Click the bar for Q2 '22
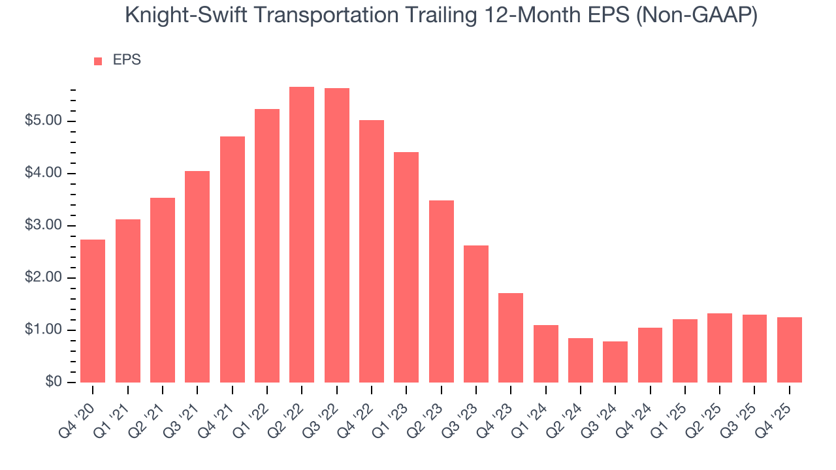302,235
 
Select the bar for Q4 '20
93,311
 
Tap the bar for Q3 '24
615,362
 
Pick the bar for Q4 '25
790,350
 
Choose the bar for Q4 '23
511,337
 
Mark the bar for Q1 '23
406,267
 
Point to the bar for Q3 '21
197,277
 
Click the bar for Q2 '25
720,348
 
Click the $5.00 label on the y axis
43,121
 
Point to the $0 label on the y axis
53,383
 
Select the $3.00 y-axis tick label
43,226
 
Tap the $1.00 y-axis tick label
43,330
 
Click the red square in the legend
98,61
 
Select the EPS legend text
127,60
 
